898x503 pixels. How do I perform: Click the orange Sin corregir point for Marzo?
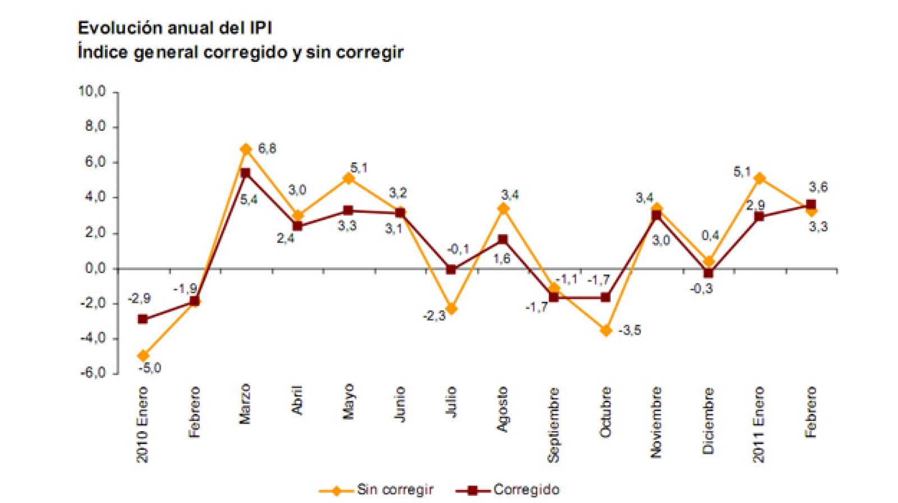pos(246,149)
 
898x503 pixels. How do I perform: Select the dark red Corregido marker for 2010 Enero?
pos(143,319)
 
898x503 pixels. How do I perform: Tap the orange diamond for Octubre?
pos(606,331)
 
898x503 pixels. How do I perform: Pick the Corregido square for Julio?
pos(451,269)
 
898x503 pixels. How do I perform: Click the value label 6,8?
pos(267,149)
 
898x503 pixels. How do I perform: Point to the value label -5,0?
pos(150,368)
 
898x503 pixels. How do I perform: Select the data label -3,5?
pos(630,331)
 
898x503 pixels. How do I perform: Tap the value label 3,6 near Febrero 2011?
pos(818,187)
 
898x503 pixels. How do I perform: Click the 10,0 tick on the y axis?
pos(92,92)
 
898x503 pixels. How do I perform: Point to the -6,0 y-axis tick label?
pos(92,373)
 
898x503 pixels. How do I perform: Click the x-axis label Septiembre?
pos(554,424)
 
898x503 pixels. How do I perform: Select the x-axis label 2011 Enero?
pos(759,424)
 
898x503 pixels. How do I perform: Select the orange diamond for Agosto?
pos(503,209)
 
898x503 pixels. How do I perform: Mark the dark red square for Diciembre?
pos(708,273)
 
